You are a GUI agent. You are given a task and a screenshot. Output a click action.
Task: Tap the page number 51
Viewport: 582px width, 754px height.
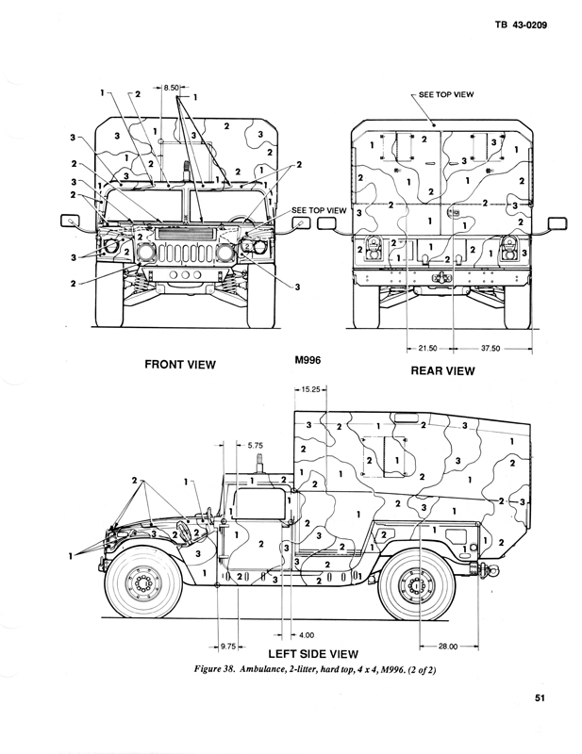[539, 699]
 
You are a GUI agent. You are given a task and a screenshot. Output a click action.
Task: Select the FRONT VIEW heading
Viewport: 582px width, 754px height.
[179, 364]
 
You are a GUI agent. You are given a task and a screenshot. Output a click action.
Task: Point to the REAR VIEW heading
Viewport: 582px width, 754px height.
[442, 370]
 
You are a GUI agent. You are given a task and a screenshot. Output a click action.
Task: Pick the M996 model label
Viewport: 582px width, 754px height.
[308, 361]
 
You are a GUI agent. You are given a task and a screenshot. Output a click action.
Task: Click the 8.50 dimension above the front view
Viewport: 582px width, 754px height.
[172, 87]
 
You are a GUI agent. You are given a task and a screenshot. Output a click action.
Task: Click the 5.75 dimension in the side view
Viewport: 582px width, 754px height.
[255, 444]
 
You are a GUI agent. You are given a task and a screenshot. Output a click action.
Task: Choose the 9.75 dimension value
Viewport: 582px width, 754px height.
[232, 647]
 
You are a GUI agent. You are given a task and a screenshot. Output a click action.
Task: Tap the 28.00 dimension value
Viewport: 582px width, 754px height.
[447, 647]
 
